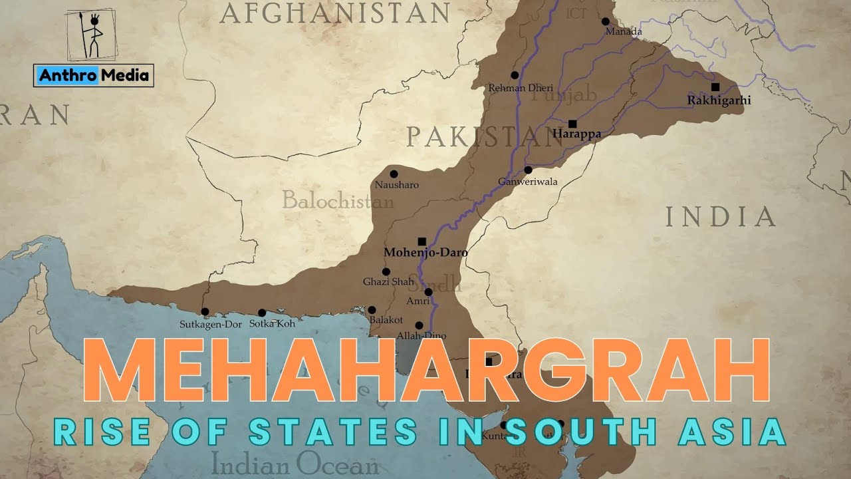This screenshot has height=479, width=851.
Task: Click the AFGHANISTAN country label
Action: click(335, 13)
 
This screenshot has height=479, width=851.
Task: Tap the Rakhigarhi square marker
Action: click(715, 87)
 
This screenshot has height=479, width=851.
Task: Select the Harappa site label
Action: click(576, 134)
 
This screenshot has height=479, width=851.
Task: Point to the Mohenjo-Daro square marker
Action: click(422, 241)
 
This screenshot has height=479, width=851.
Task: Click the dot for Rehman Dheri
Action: click(514, 75)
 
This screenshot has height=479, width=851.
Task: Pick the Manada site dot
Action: click(605, 21)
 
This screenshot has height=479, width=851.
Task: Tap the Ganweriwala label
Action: click(528, 182)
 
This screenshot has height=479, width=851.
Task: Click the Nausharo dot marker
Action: click(394, 174)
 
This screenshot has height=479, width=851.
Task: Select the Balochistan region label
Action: click(338, 200)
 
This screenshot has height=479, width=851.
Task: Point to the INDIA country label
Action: click(721, 217)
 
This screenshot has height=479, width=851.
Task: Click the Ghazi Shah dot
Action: click(386, 271)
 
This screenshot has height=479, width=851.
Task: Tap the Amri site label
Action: click(418, 301)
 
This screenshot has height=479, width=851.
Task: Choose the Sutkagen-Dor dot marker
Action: click(205, 311)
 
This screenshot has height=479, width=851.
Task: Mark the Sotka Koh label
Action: click(271, 324)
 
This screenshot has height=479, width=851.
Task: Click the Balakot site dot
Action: click(372, 310)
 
